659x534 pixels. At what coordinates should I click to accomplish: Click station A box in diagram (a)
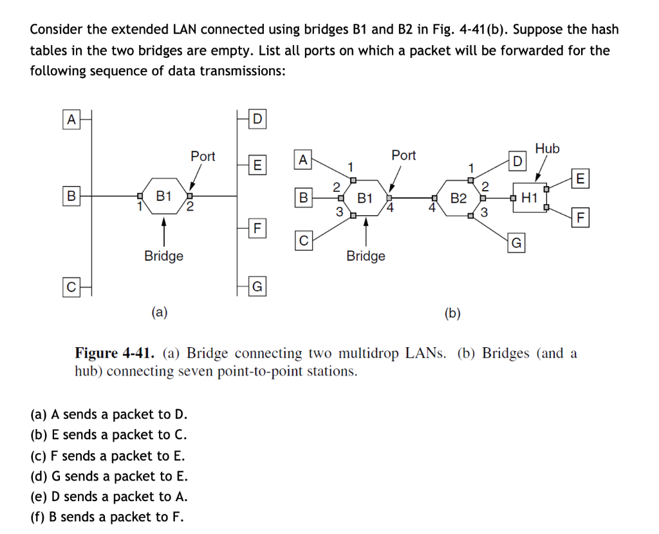[71, 119]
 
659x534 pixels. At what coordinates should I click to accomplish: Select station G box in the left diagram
[257, 287]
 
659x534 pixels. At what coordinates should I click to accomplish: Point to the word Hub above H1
[547, 148]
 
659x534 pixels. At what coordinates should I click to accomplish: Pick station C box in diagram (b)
[304, 240]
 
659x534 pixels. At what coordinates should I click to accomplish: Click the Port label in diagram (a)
[203, 157]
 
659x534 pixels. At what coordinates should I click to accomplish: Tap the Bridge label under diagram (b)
[366, 256]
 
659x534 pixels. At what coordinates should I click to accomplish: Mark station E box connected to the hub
[580, 178]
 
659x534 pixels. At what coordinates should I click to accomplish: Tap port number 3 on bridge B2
[485, 211]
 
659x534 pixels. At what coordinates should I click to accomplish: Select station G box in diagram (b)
[517, 243]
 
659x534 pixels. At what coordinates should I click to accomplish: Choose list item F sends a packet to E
[107, 455]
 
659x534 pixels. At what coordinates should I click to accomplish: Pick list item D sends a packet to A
[109, 497]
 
